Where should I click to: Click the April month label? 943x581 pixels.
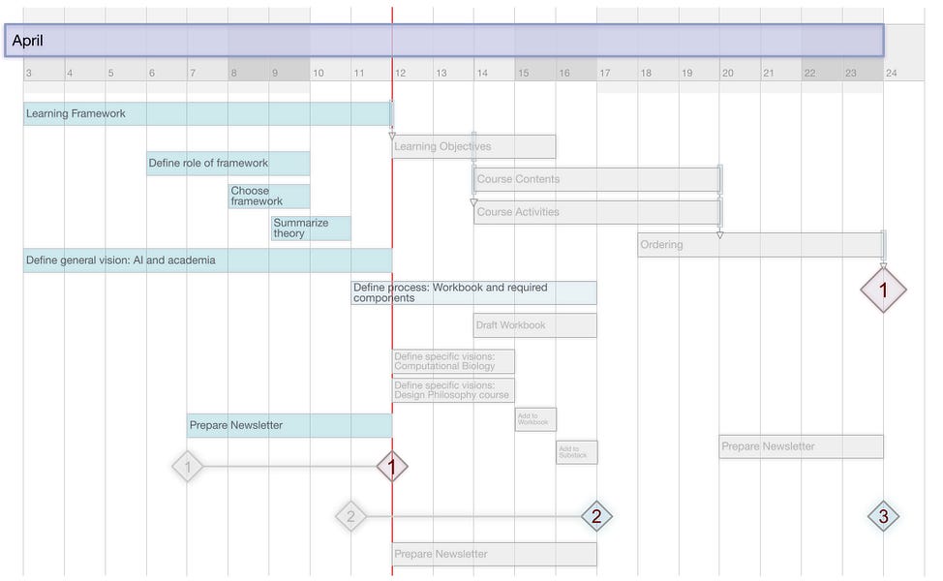click(28, 41)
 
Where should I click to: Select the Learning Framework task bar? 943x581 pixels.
click(207, 114)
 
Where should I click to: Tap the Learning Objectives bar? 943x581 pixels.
click(473, 147)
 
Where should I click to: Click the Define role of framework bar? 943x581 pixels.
click(228, 164)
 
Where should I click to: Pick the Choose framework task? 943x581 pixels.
click(269, 197)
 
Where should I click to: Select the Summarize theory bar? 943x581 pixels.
click(311, 229)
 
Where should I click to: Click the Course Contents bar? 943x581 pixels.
click(596, 180)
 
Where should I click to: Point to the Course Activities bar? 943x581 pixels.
click(596, 212)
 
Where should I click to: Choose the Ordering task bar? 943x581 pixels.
click(760, 245)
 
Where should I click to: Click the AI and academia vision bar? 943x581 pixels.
click(207, 260)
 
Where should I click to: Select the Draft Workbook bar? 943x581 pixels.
click(534, 325)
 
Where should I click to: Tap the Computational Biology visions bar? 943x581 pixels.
click(453, 361)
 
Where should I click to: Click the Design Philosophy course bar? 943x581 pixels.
click(453, 390)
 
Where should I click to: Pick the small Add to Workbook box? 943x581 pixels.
click(535, 419)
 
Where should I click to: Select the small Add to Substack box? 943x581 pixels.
click(576, 452)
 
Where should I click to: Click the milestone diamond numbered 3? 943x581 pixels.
click(883, 517)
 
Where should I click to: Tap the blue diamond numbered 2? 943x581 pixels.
click(596, 517)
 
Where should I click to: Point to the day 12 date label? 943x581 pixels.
click(400, 74)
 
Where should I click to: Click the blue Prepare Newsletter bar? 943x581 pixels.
click(289, 426)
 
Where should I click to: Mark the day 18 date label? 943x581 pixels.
click(646, 74)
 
